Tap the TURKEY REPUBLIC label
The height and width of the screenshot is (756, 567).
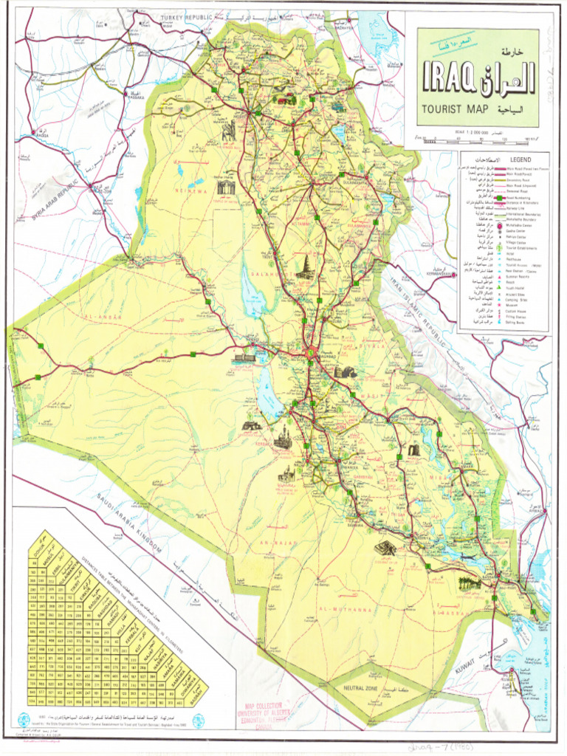187,16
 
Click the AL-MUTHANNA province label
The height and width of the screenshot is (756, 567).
344,610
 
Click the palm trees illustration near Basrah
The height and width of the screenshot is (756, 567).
470,583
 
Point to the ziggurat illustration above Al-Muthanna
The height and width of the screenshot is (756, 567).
385,548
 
